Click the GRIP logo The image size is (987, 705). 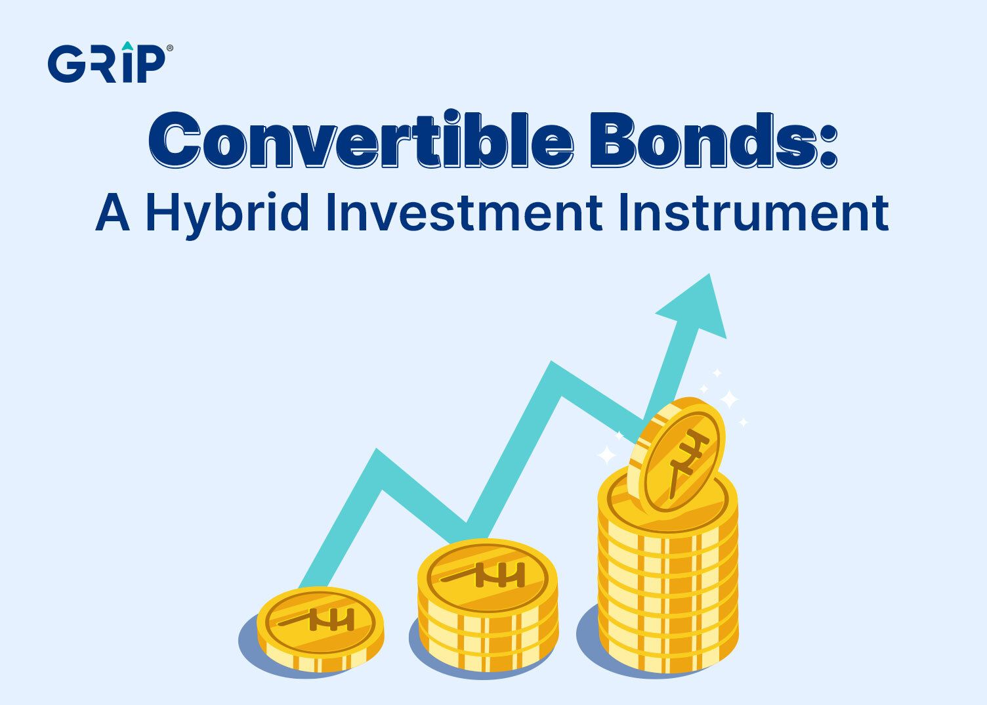[106, 63]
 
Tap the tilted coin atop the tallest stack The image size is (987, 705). [677, 454]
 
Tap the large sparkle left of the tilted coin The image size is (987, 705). [607, 454]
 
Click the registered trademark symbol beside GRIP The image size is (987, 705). [171, 48]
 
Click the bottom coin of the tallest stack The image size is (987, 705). [668, 647]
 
